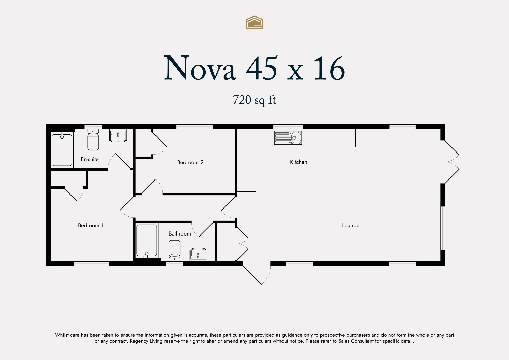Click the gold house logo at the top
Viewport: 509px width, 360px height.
[x=254, y=22]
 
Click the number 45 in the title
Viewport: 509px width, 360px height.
[x=261, y=68]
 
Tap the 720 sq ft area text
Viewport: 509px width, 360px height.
[x=254, y=100]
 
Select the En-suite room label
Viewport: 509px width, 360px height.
[x=90, y=159]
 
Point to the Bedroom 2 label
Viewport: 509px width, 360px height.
[x=190, y=162]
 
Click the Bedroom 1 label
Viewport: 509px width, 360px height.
[x=91, y=225]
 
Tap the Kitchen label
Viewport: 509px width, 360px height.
[x=299, y=162]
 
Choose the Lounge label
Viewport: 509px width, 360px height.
[x=350, y=225]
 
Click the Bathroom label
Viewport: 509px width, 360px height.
[x=180, y=234]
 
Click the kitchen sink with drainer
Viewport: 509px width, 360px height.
[x=288, y=138]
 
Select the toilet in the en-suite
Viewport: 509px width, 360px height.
[x=93, y=140]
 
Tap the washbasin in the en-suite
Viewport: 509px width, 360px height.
[x=118, y=136]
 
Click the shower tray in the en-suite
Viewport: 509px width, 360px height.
[x=62, y=150]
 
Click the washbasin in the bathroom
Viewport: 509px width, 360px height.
[x=198, y=255]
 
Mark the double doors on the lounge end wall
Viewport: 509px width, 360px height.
[x=452, y=162]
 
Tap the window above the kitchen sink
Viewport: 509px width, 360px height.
[x=288, y=127]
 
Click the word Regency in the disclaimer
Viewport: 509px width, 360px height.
[x=139, y=341]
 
